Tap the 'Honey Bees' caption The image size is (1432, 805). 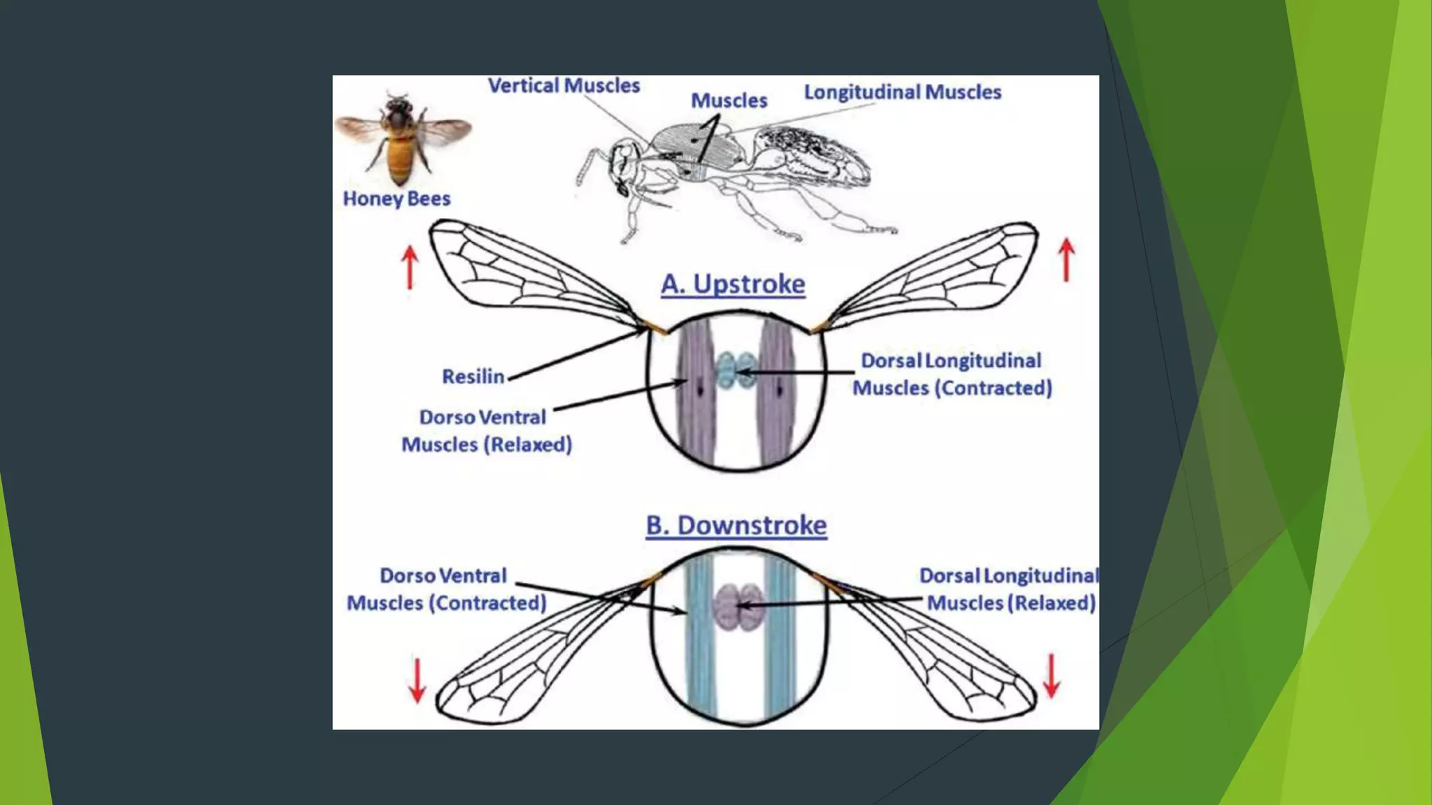click(396, 199)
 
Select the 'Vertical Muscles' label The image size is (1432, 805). click(564, 86)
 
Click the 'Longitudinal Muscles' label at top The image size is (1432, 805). click(902, 92)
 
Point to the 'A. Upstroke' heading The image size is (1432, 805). click(733, 284)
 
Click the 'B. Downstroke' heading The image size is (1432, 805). click(736, 525)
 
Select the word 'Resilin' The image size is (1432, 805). click(473, 377)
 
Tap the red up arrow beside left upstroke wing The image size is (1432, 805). click(410, 268)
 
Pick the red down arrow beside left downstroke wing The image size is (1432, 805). click(417, 680)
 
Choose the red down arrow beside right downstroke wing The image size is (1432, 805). click(1052, 676)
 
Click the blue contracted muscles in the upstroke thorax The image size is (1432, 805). click(736, 370)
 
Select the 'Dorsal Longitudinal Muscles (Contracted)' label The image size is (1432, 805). click(952, 375)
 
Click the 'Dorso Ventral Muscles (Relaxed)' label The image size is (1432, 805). click(486, 431)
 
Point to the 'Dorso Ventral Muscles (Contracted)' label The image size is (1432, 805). click(446, 590)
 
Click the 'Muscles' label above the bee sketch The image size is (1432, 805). click(729, 101)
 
